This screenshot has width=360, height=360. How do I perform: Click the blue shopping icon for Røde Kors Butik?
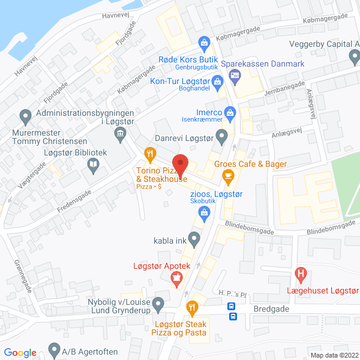tap(205, 43)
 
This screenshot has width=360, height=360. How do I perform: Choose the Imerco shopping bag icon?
tap(229, 112)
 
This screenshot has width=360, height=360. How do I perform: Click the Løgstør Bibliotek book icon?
tap(93, 164)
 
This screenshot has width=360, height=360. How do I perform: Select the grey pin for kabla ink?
tap(194, 240)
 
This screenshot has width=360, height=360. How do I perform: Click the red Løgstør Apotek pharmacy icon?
tap(176, 278)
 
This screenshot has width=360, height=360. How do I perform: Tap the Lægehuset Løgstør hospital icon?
tap(301, 277)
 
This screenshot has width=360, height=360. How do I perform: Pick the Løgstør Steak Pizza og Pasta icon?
tap(191, 308)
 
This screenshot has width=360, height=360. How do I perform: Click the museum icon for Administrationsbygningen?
tap(120, 133)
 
